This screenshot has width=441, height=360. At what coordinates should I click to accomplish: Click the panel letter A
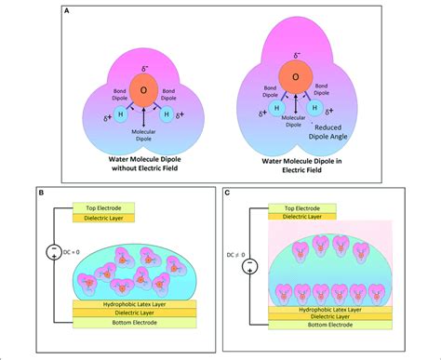coord(66,14)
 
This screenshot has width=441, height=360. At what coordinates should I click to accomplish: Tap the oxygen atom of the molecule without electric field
coord(144,90)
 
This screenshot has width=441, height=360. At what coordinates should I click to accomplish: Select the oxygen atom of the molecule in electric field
coord(296,76)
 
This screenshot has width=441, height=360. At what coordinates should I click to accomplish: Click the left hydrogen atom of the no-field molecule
coord(121,115)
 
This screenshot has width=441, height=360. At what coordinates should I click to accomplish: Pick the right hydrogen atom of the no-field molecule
coord(167,115)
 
